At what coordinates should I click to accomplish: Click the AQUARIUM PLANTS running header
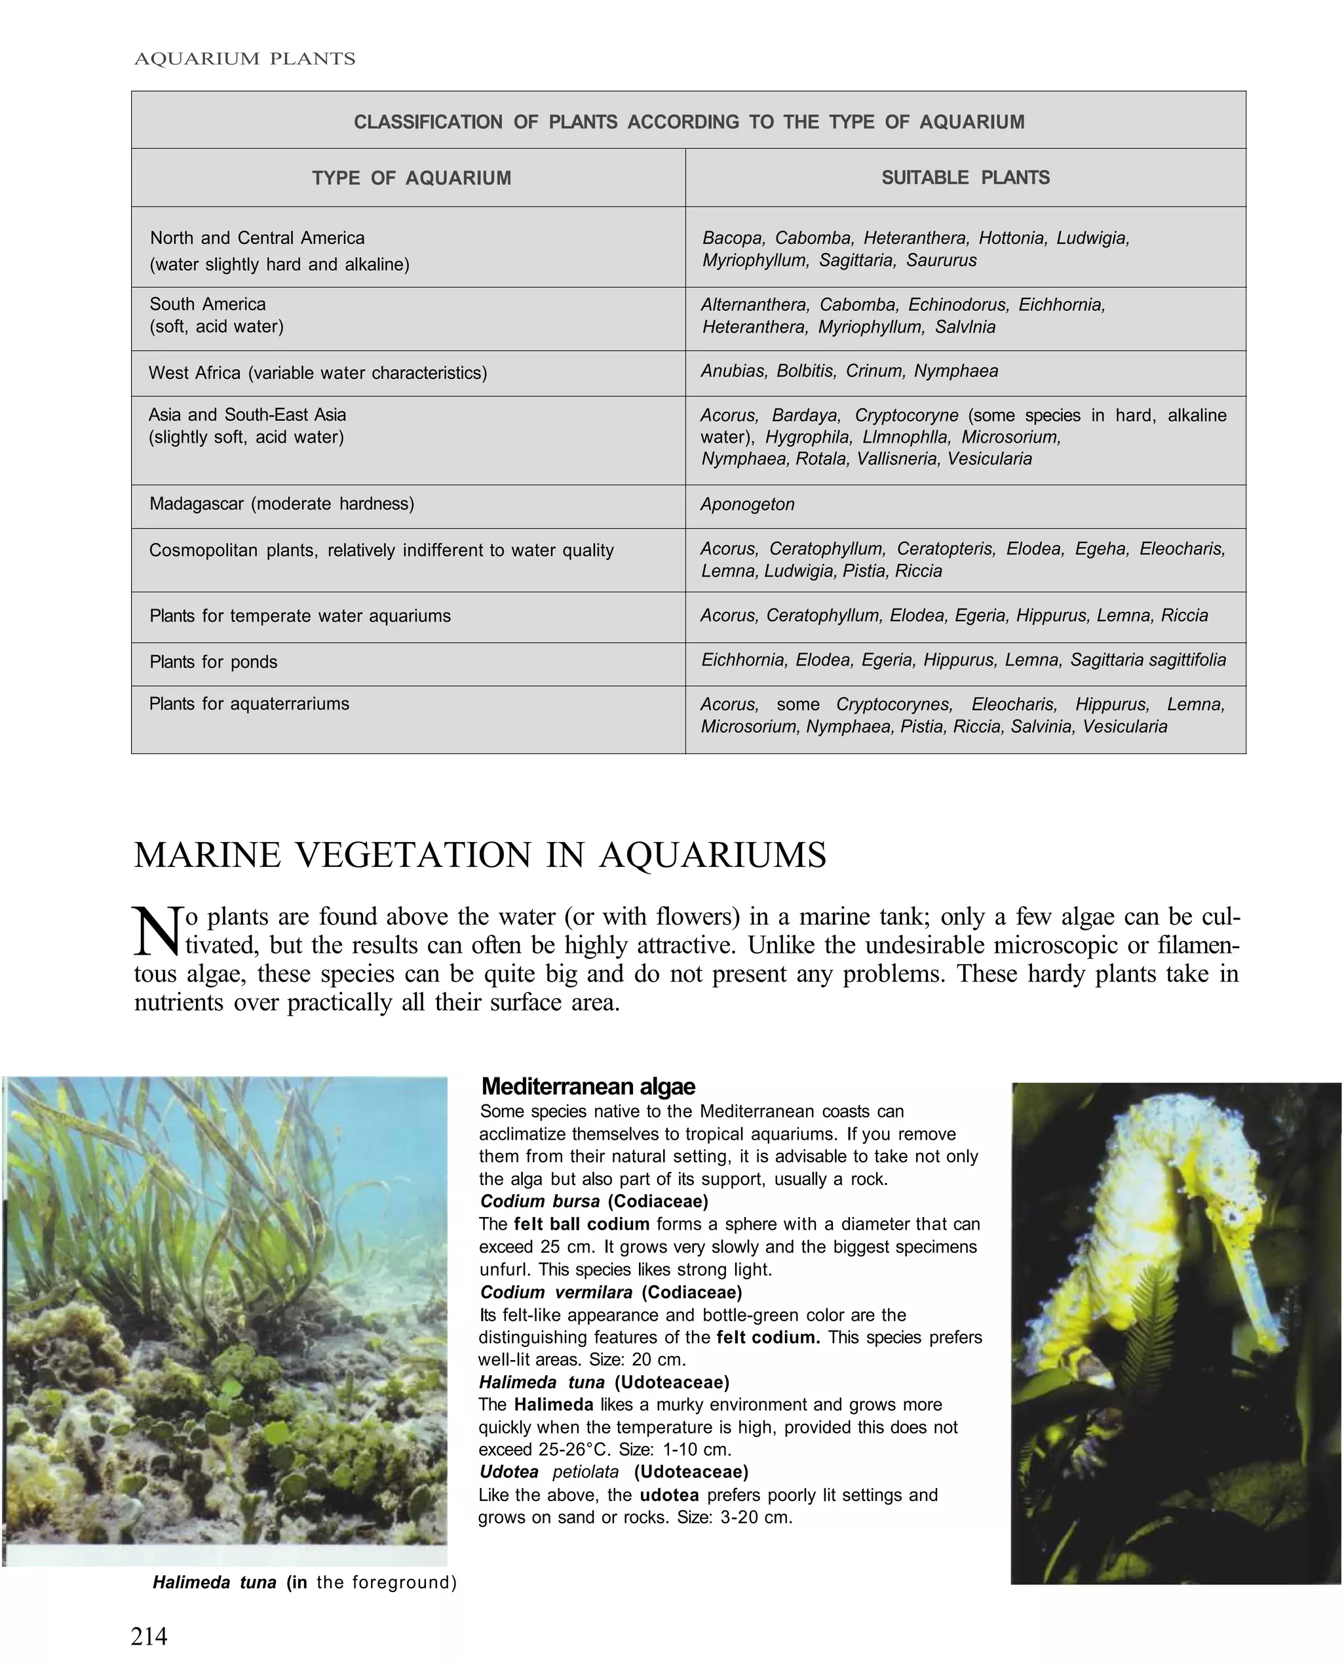tap(244, 59)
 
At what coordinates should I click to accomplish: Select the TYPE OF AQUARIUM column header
tap(412, 178)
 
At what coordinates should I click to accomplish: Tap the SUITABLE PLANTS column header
tap(965, 177)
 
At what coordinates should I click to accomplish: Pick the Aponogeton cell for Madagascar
tap(747, 504)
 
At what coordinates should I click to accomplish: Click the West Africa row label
tap(317, 373)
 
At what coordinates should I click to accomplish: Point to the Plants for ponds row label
tap(214, 662)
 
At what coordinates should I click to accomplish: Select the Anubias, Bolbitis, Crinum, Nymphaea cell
tap(849, 371)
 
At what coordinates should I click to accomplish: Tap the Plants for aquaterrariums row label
tap(249, 704)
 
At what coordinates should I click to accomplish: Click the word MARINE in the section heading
tap(206, 856)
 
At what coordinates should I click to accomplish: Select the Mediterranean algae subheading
tap(588, 1087)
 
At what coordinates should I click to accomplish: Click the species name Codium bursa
tap(539, 1201)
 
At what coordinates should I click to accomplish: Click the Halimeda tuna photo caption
tap(305, 1582)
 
